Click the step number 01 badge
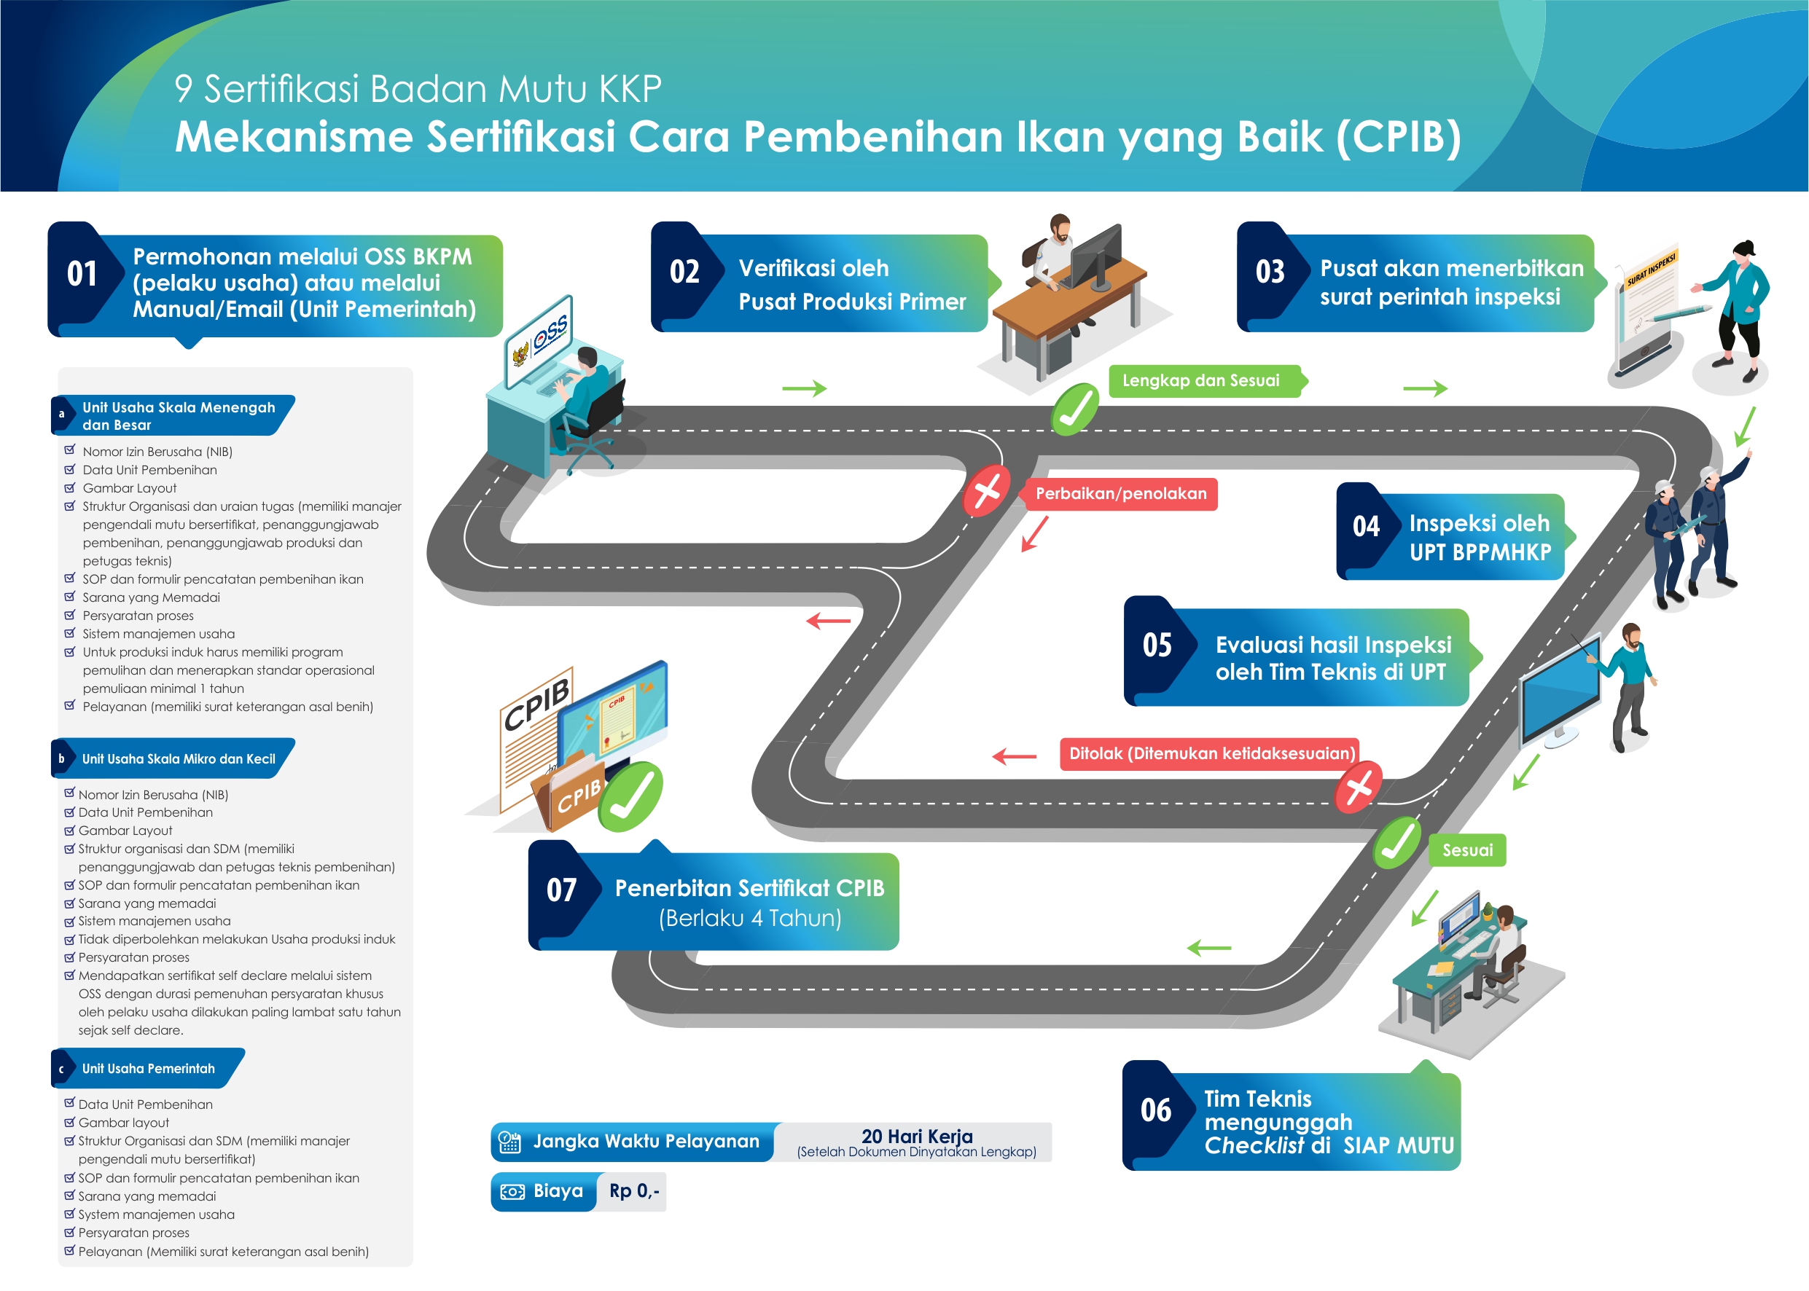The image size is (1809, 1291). (x=82, y=273)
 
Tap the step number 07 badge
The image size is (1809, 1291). (x=561, y=890)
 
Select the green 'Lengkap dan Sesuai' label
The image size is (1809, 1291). (x=1200, y=381)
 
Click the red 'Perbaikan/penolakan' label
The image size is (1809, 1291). (x=1120, y=494)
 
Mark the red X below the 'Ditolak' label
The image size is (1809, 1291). (x=1358, y=787)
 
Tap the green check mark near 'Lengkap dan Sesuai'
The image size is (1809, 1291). (x=1075, y=409)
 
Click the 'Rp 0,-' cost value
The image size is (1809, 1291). (x=634, y=1191)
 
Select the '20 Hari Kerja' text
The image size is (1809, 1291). (x=917, y=1136)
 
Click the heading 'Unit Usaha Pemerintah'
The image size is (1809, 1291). (x=149, y=1068)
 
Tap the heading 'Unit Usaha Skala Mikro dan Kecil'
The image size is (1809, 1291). (x=179, y=759)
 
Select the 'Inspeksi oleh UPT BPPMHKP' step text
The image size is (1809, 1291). (x=1479, y=538)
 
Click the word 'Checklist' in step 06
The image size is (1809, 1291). (x=1253, y=1145)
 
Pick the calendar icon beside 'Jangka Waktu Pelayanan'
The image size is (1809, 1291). (x=509, y=1142)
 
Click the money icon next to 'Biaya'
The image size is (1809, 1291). (x=512, y=1192)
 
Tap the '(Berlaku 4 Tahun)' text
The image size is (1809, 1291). (x=750, y=918)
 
